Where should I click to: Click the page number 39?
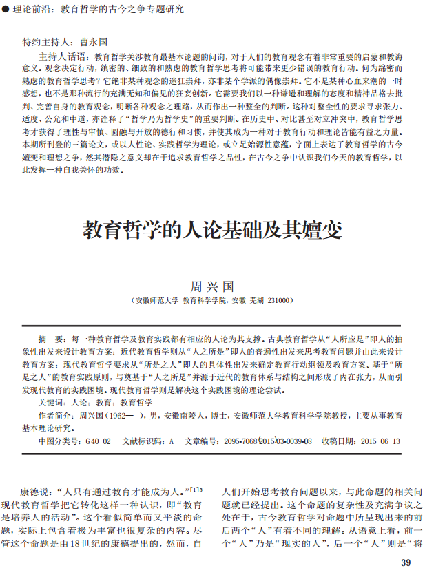click(x=406, y=563)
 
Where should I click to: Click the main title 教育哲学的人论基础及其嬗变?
click(x=212, y=229)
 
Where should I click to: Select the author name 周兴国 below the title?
click(x=212, y=284)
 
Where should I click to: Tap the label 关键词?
click(x=52, y=402)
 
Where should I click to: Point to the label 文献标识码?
click(x=143, y=441)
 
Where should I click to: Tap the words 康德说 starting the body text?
click(x=34, y=492)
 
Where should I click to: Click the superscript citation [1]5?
click(x=196, y=489)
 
